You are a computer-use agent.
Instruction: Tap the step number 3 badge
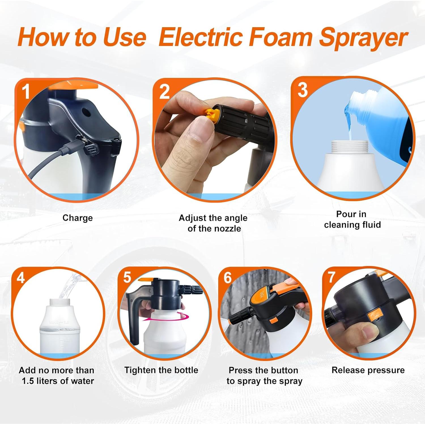[x=302, y=90]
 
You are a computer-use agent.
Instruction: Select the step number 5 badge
[x=127, y=277]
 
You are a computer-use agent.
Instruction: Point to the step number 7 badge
[x=331, y=277]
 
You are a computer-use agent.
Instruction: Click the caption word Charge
[x=77, y=218]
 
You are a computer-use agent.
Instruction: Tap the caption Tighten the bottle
[x=161, y=370]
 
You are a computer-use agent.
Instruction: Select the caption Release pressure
[x=368, y=370]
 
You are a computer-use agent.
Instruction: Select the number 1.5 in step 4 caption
[x=28, y=381]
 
